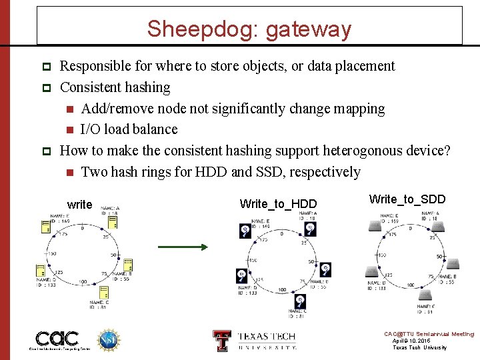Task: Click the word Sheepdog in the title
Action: click(x=193, y=29)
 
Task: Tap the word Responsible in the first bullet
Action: click(x=95, y=66)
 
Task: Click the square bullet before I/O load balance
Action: click(x=69, y=130)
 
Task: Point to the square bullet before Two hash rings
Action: click(x=69, y=173)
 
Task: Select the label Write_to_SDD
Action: click(x=407, y=199)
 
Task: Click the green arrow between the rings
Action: click(x=183, y=247)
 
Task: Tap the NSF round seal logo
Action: click(x=108, y=339)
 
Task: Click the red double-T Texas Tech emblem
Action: click(x=221, y=340)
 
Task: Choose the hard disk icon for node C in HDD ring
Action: click(x=301, y=301)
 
